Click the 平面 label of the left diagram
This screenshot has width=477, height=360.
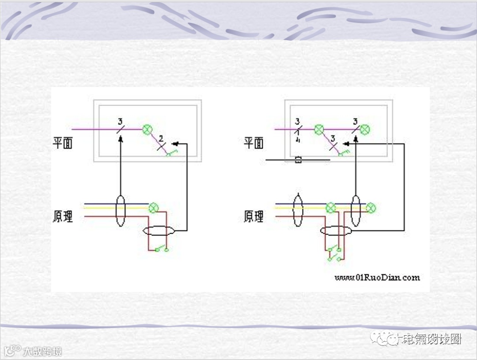click(x=63, y=143)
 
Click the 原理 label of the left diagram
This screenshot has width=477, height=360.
click(x=63, y=216)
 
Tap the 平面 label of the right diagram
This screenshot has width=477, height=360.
click(x=254, y=143)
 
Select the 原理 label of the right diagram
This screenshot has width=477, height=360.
click(x=254, y=216)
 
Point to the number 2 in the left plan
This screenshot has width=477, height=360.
click(x=161, y=138)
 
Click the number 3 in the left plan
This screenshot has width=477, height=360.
click(x=120, y=121)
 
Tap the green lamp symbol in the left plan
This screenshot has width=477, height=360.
click(x=147, y=129)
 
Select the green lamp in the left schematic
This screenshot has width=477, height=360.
click(x=154, y=208)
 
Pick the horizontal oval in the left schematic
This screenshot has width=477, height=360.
click(x=159, y=231)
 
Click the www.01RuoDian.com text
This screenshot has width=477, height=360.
click(x=377, y=277)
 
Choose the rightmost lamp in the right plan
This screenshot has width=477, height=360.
click(x=365, y=129)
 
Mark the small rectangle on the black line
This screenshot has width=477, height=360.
click(x=298, y=160)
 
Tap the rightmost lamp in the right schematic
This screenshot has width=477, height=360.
click(x=371, y=208)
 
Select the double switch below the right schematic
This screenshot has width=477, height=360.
click(x=334, y=254)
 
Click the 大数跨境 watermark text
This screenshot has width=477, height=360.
click(x=42, y=352)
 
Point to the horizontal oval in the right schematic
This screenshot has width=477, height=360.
click(x=336, y=231)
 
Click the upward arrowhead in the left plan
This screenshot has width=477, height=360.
click(x=121, y=138)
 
